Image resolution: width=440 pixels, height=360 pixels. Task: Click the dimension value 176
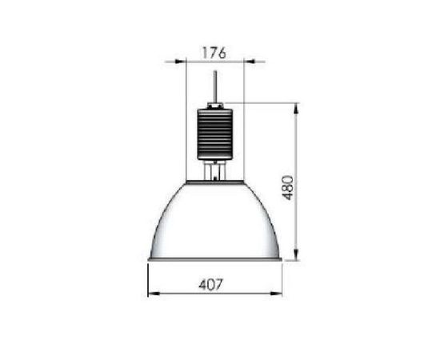214,53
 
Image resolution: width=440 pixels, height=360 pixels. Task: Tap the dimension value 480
288,188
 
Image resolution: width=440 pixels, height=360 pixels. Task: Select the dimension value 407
210,284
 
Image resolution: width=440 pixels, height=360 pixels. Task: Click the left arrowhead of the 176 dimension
181,61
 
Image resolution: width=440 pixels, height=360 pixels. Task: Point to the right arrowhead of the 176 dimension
249,61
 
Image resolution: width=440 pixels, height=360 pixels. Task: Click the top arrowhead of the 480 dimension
296,108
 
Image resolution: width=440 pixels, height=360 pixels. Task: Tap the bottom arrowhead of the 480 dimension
296,255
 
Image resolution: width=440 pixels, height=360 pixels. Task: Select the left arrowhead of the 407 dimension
154,294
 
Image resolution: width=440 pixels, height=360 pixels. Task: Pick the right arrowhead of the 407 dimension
277,294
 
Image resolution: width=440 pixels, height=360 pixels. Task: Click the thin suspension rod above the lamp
215,86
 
